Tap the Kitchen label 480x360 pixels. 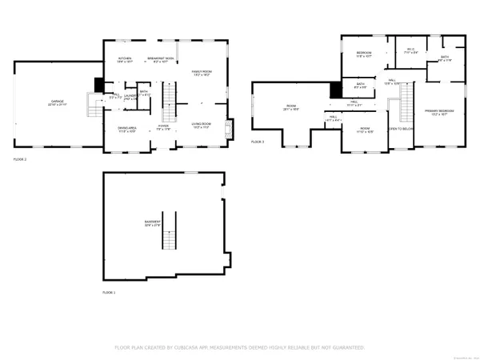[126, 59]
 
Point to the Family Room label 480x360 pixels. [201, 74]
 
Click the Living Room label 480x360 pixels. [200, 125]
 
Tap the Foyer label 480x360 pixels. [163, 126]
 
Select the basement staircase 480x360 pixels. [169, 239]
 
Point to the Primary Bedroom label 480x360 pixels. [439, 112]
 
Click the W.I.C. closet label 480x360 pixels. [410, 50]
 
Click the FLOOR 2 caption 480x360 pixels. [20, 160]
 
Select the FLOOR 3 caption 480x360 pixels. [257, 142]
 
